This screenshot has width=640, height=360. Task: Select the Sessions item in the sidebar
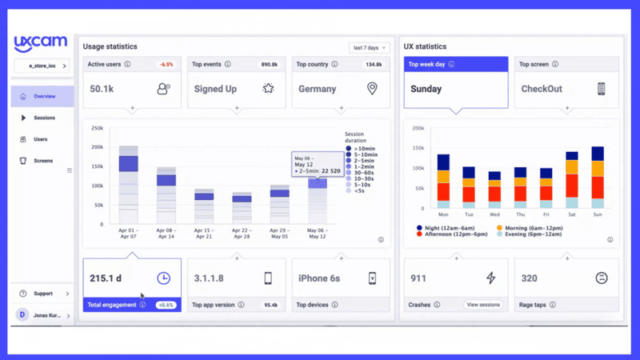click(44, 118)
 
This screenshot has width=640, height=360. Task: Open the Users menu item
click(40, 139)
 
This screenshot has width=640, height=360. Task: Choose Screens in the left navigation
click(42, 161)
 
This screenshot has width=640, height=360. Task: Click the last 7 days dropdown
click(369, 48)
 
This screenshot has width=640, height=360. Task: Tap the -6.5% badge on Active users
click(166, 64)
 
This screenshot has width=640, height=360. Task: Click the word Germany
click(317, 89)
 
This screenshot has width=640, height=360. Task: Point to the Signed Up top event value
click(215, 89)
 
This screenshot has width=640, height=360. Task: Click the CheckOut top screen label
click(541, 89)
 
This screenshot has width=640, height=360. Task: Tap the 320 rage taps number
click(529, 278)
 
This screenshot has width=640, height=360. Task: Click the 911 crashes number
click(418, 278)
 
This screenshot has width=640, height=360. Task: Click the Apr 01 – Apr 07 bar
click(129, 184)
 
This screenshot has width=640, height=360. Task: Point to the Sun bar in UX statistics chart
click(597, 176)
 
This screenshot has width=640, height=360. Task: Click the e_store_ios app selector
click(42, 66)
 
